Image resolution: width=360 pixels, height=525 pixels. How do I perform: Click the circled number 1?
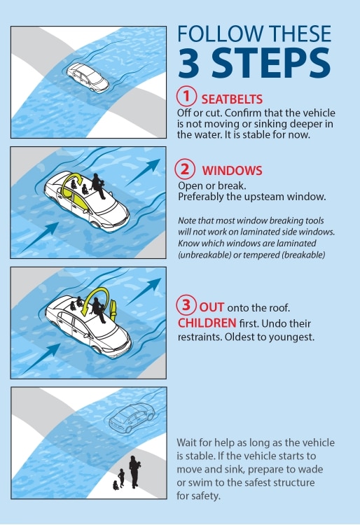186,96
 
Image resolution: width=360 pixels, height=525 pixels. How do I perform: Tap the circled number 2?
185,169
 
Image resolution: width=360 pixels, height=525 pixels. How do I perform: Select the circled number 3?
186,304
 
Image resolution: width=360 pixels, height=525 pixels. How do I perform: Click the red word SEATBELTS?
232,99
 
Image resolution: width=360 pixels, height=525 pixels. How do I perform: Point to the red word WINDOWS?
232,171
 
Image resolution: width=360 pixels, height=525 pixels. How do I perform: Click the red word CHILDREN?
207,323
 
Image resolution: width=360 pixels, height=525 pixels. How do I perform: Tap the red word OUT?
212,307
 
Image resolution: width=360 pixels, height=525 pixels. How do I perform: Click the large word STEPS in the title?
272,62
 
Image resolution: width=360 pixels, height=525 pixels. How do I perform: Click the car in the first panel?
88,78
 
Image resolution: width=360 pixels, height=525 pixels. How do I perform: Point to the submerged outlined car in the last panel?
132,417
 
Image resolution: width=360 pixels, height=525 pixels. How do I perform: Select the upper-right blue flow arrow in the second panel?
142,173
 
